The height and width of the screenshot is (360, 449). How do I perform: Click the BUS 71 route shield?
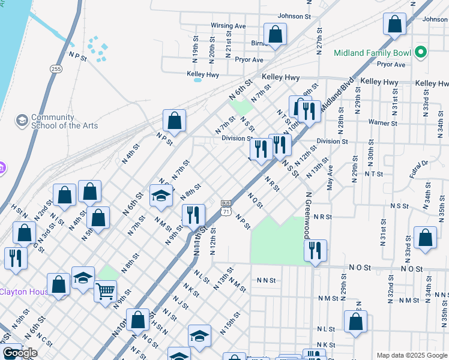(226, 208)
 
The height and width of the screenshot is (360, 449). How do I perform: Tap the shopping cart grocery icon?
(105, 292)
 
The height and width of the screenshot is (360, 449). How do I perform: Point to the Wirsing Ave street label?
(228, 26)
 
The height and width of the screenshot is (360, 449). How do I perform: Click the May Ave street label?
(330, 178)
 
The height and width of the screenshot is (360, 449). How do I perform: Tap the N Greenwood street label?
(307, 215)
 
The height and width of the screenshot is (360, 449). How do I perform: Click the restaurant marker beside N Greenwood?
(315, 250)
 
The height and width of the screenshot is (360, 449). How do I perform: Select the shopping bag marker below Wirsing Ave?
(275, 34)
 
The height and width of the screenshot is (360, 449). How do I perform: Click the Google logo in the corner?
(20, 353)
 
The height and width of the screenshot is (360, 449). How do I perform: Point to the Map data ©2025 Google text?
(412, 355)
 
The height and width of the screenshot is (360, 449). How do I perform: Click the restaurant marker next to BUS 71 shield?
(193, 215)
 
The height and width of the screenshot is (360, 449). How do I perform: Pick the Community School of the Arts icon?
(22, 121)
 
